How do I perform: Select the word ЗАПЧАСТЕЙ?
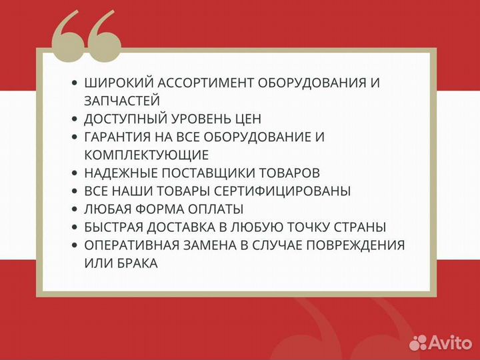(122, 101)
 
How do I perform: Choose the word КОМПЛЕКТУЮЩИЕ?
(147, 155)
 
